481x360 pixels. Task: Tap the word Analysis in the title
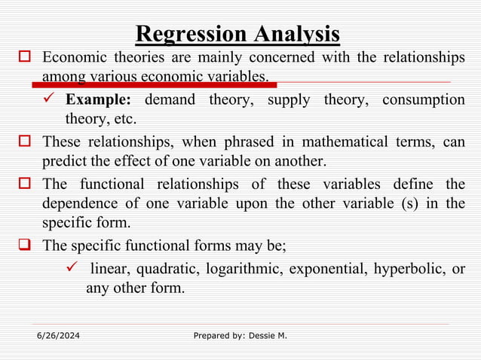point(296,34)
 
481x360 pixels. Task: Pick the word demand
point(170,100)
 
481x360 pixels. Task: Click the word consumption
point(423,100)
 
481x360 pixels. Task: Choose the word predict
point(65,160)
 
